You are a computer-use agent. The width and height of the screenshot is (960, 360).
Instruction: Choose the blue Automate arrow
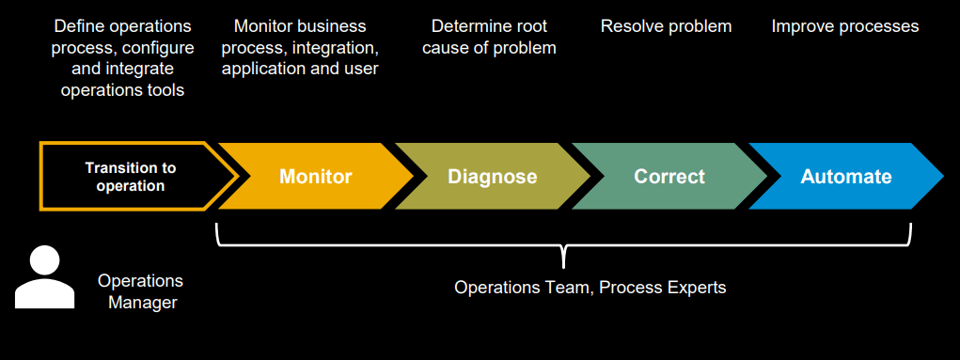[846, 177]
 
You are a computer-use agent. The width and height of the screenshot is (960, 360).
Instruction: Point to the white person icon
[45, 277]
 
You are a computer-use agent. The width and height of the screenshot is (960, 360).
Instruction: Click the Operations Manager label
[141, 291]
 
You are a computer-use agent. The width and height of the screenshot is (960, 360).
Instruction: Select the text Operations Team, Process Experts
[590, 287]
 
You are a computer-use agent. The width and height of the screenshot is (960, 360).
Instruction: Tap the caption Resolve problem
[666, 26]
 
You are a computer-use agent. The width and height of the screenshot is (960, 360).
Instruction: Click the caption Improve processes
[845, 26]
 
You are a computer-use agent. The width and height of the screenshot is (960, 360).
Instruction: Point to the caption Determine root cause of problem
[489, 38]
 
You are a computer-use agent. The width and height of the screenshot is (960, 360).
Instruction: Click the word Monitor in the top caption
[264, 26]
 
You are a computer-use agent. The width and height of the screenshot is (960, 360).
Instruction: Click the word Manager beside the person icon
[143, 303]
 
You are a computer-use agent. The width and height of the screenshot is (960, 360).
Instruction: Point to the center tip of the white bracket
[563, 268]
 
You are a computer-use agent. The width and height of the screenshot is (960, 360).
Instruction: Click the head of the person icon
[45, 260]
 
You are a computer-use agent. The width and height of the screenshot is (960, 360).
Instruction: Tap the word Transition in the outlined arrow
[131, 167]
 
